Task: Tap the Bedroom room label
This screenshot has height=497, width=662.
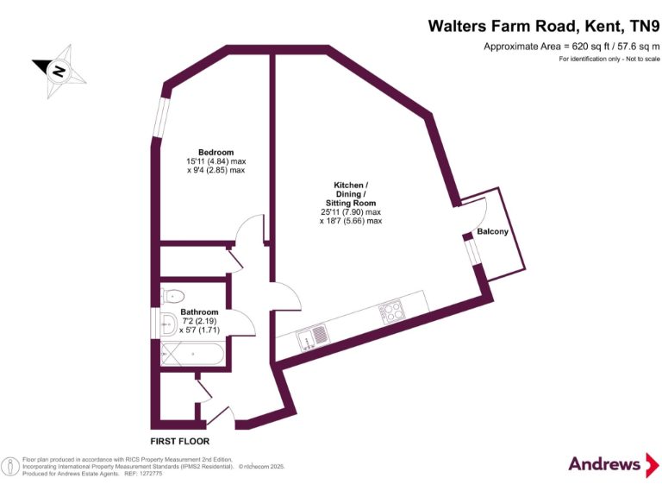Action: click(215, 153)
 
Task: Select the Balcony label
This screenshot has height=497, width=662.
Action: click(493, 232)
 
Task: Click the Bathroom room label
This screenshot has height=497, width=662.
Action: click(199, 311)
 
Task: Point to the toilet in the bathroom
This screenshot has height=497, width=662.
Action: click(172, 295)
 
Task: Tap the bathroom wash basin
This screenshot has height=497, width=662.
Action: click(167, 324)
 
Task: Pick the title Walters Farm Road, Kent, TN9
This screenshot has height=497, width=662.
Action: click(543, 26)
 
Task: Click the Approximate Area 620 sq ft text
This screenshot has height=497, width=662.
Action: click(571, 47)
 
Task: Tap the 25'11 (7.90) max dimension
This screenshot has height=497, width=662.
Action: click(350, 211)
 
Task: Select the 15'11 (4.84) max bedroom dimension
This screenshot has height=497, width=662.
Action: click(215, 162)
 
